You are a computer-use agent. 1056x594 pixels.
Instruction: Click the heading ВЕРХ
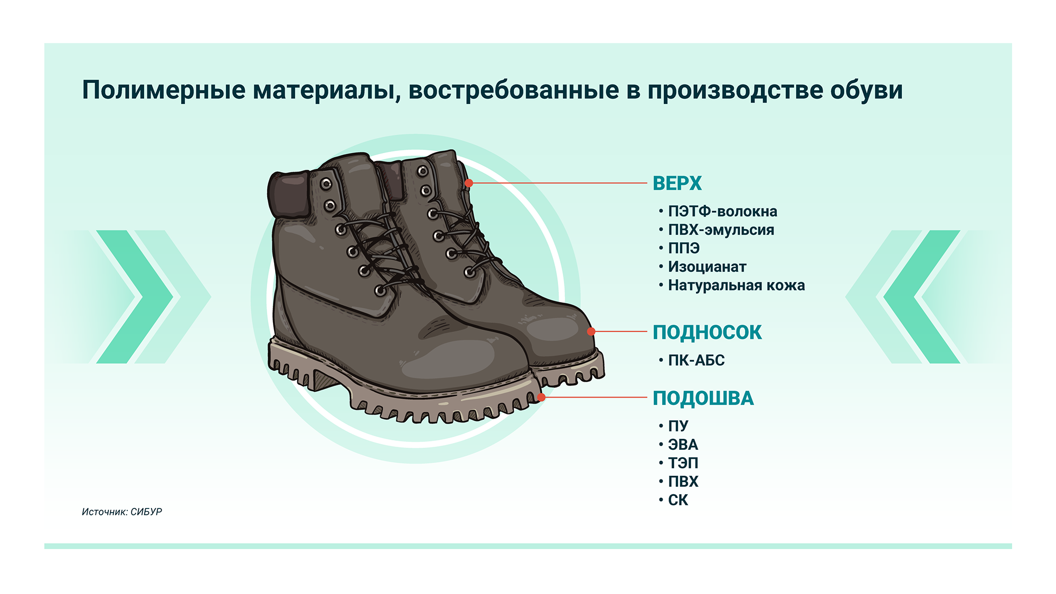coord(677,183)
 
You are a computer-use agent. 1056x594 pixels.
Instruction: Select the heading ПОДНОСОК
coord(707,332)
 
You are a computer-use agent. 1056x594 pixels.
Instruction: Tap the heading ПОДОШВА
coord(703,398)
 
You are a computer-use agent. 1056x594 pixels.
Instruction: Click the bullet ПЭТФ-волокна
coord(722,211)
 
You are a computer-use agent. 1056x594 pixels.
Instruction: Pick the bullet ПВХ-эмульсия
coord(721,230)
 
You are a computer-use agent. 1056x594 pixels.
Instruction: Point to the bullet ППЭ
coord(684,248)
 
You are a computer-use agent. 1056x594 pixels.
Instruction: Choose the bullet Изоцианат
coord(707,267)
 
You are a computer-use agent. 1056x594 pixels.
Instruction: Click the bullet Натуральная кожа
coord(737,285)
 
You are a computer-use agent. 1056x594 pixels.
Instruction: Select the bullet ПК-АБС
coord(696,360)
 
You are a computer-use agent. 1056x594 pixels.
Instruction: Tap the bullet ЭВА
coord(683,445)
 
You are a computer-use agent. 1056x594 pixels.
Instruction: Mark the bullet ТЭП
coord(683,463)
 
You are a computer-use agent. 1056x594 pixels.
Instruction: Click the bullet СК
coord(678,500)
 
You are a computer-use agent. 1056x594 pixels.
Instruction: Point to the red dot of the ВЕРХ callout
coord(469,183)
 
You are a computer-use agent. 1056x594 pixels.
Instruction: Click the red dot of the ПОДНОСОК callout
coord(591,332)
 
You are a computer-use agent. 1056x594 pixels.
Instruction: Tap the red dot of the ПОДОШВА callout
coord(541,397)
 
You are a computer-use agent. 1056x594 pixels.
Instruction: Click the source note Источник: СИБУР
coord(122,512)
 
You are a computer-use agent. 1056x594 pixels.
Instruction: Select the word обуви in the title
coord(866,90)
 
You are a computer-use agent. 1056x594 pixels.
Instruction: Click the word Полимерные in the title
coord(164,90)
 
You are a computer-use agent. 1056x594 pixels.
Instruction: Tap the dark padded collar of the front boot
coord(289,194)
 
